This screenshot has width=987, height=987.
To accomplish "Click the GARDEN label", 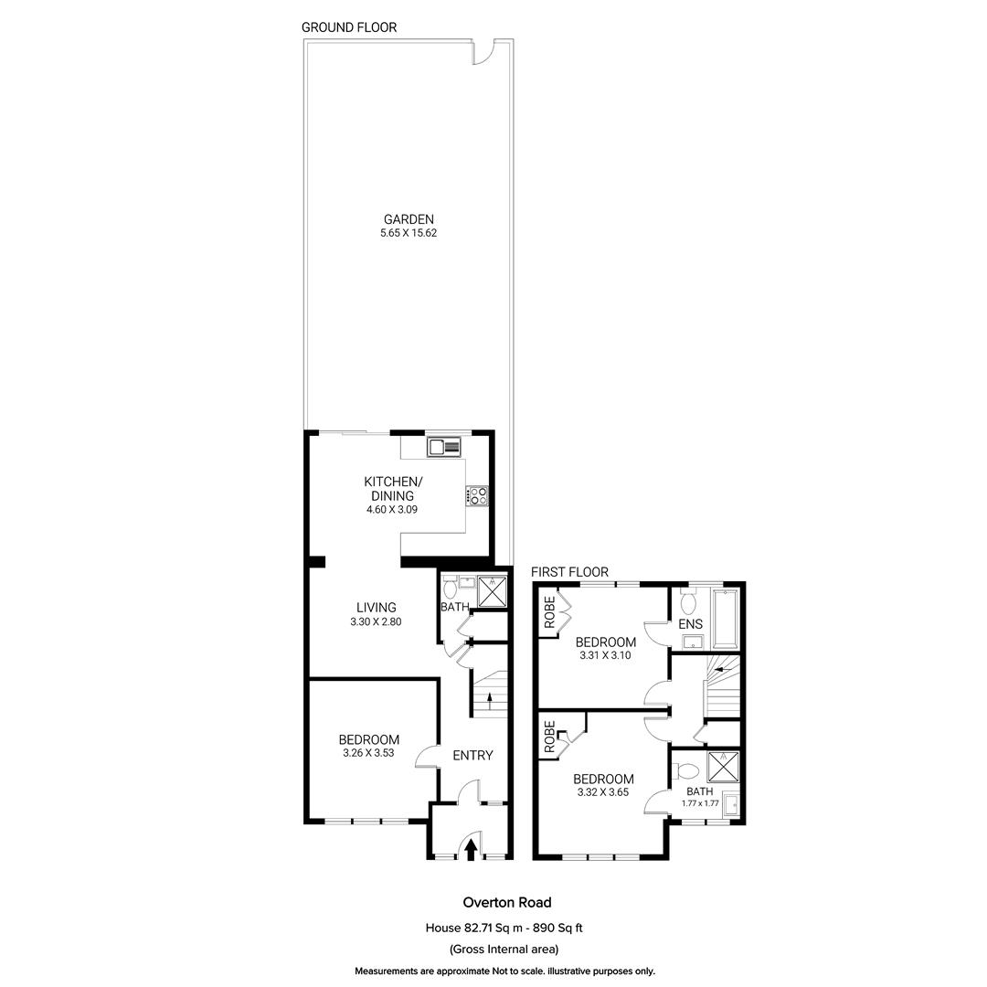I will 408,219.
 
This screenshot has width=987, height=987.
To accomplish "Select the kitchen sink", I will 445,447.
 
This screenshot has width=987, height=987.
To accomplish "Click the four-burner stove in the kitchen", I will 477,496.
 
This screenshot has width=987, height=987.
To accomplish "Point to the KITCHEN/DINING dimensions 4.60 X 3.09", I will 391,510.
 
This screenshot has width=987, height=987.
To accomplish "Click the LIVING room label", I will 376,608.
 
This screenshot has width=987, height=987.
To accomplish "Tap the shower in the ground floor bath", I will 493,592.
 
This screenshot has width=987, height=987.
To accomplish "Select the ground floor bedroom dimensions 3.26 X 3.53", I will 368,754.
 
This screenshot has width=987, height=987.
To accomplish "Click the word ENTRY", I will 472,756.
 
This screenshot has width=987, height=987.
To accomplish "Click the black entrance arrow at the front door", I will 471,850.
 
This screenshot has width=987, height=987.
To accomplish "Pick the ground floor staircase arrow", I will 490,700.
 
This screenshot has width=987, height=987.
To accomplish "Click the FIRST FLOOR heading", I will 569,572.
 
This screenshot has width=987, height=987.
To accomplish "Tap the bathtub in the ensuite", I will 727,618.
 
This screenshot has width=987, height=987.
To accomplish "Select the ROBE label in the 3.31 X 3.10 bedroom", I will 549,612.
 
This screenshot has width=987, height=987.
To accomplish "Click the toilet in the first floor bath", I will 688,770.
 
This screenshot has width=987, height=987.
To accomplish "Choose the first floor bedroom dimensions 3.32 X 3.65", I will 603,793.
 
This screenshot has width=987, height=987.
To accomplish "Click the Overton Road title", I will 506,903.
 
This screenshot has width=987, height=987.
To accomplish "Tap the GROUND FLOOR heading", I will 349,27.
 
